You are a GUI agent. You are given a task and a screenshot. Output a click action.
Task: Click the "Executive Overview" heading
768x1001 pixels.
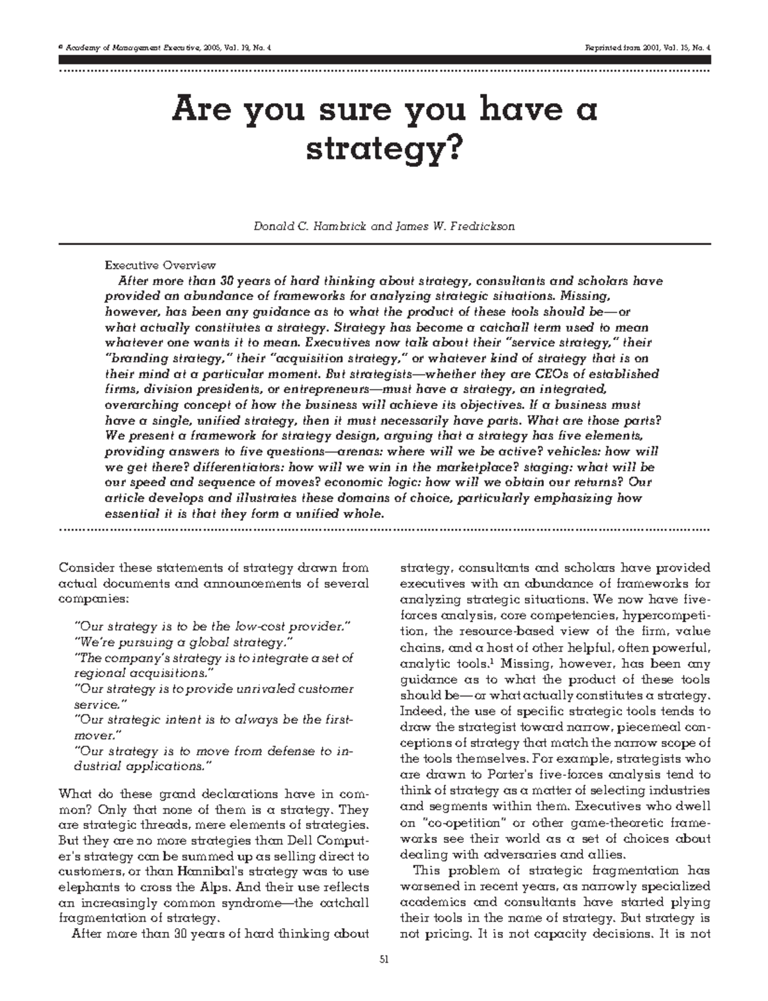click(159, 265)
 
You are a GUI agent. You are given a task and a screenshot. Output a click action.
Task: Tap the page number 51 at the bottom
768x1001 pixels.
click(384, 958)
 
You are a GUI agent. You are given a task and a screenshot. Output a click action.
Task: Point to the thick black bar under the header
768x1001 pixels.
click(384, 60)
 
